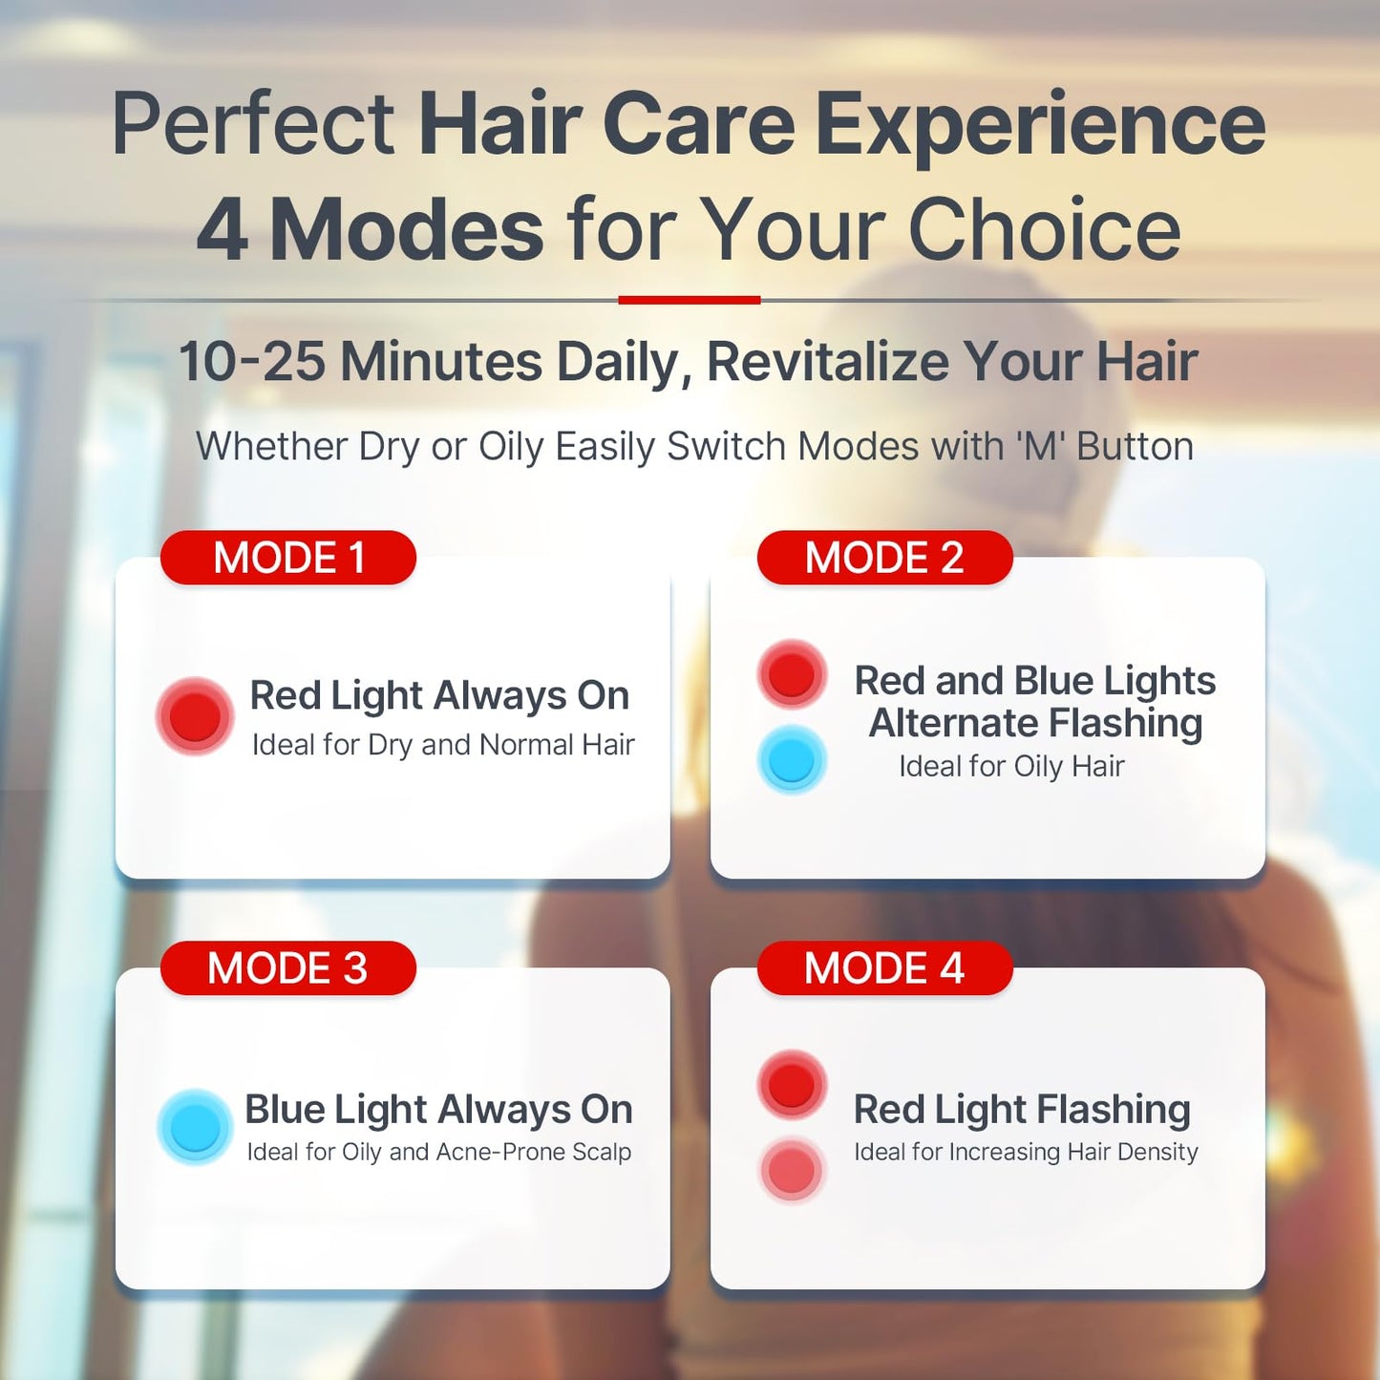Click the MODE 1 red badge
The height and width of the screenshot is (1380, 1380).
(x=288, y=558)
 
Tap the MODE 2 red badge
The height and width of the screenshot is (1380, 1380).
(x=884, y=558)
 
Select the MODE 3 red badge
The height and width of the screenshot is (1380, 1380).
(x=288, y=968)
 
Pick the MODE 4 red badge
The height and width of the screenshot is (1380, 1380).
(x=884, y=968)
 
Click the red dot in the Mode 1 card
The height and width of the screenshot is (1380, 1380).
(x=195, y=715)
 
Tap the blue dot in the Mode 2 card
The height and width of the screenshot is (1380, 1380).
(x=792, y=761)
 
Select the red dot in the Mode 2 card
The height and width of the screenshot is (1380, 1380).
(x=792, y=674)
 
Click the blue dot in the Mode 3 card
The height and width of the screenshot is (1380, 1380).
(x=195, y=1127)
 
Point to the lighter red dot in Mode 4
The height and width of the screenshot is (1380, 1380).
(x=792, y=1170)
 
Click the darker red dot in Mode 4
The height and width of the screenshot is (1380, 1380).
(x=792, y=1084)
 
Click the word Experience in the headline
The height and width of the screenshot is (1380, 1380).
(x=1040, y=125)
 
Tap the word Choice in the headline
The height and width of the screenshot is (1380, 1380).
(x=1045, y=230)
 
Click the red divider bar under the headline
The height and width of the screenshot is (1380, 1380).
(x=689, y=300)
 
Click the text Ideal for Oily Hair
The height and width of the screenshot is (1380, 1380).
(x=1011, y=766)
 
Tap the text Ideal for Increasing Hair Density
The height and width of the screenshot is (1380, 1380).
(x=1026, y=1152)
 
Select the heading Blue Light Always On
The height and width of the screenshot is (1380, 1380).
(x=438, y=1110)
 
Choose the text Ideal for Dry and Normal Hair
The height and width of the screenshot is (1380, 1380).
(x=443, y=745)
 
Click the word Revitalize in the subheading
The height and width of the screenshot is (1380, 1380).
(x=828, y=362)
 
